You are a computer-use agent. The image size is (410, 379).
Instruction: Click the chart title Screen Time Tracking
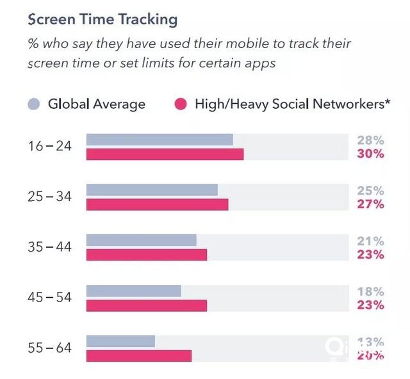click(x=102, y=19)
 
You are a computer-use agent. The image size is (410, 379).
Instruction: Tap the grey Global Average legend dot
click(x=35, y=104)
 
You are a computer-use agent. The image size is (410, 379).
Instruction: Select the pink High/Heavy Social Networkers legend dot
click(x=181, y=104)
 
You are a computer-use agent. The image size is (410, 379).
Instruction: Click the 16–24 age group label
click(x=49, y=147)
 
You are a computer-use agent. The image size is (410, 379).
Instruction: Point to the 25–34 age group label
click(x=49, y=197)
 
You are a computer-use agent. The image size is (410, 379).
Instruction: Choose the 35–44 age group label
click(x=49, y=248)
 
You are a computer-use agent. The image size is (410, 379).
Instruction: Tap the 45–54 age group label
click(x=49, y=298)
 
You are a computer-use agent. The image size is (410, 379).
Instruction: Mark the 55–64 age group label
click(x=49, y=348)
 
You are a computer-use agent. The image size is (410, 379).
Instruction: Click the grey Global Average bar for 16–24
click(x=160, y=140)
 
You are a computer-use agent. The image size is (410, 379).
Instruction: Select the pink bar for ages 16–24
click(x=165, y=154)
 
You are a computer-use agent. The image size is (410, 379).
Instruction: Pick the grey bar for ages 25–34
click(x=152, y=190)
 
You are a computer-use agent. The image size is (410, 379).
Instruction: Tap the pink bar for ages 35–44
click(x=147, y=255)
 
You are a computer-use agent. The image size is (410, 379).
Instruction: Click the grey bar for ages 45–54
click(x=133, y=291)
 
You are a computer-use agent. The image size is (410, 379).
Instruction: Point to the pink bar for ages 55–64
click(x=139, y=355)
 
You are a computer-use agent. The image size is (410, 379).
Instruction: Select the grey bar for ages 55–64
click(x=120, y=341)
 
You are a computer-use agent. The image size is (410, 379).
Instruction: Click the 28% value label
click(x=370, y=140)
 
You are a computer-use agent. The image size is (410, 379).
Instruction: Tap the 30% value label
click(x=370, y=154)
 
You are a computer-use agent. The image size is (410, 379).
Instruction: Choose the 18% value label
click(x=370, y=291)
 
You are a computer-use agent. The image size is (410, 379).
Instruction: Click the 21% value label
click(x=370, y=241)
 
